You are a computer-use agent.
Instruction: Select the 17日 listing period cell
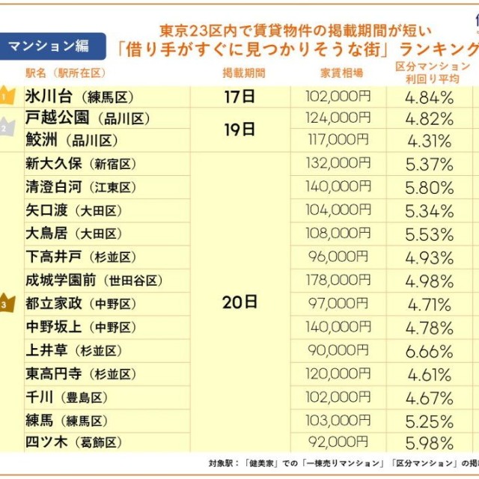point(239,96)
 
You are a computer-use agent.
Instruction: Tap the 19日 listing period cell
point(239,129)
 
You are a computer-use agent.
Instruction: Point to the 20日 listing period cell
point(239,302)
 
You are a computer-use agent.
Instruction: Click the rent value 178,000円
point(338,280)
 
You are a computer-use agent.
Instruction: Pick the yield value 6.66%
point(429,350)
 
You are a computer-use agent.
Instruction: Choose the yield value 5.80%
point(429,187)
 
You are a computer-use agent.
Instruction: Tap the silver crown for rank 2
point(6,126)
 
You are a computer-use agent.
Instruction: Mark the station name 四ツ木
point(46,442)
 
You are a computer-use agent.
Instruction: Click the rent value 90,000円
point(338,350)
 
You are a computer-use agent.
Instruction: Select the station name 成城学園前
point(67,280)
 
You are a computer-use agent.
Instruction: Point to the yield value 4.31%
point(429,140)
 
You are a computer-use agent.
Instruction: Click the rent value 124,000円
point(338,118)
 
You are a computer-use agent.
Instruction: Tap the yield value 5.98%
point(429,443)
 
